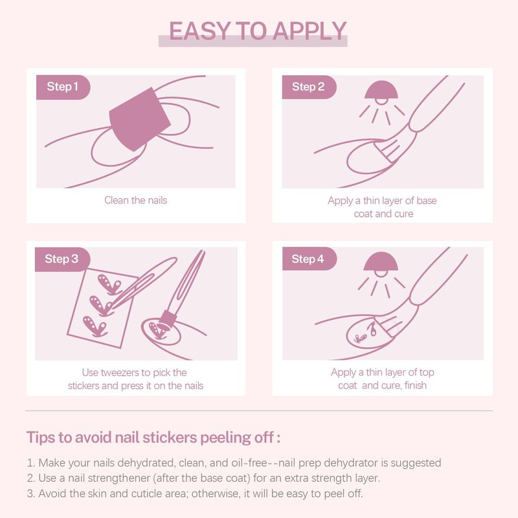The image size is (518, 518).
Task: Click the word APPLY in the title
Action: point(310,31)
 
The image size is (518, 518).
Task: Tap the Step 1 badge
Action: point(63,87)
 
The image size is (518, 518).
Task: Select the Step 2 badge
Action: point(309,87)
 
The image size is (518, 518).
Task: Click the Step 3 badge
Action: point(62,259)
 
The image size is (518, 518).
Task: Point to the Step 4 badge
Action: point(310,258)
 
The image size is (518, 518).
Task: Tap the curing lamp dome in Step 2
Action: point(381,90)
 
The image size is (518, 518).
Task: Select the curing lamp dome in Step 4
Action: point(381,262)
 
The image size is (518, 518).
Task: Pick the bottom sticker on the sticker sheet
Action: point(95,326)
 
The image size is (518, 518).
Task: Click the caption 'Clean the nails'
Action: point(135,200)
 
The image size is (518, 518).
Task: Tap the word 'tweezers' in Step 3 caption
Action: point(120,373)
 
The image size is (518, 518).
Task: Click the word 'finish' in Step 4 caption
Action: point(415,385)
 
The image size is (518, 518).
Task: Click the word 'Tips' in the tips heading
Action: point(40,438)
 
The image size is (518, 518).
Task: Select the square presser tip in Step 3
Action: point(168,320)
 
